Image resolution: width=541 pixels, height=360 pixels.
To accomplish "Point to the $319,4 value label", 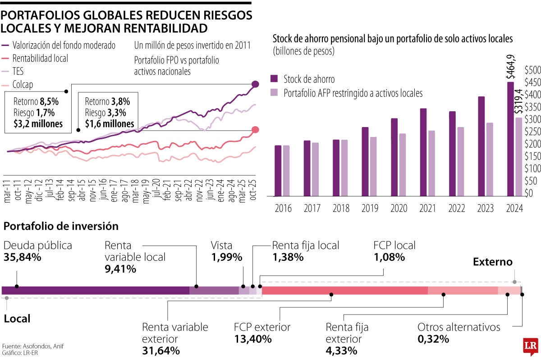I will pyautogui.click(x=519, y=102).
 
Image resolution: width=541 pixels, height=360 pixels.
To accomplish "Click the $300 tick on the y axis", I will pyautogui.click(x=532, y=119).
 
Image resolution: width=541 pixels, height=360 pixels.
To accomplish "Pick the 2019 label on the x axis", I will pyautogui.click(x=370, y=209).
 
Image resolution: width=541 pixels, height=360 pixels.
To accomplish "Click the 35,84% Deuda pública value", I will pyautogui.click(x=23, y=257).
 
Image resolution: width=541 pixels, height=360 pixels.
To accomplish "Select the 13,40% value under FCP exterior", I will pyautogui.click(x=252, y=339).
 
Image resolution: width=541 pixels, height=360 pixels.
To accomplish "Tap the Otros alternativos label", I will pyautogui.click(x=458, y=327).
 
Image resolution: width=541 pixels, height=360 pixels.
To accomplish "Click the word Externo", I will pyautogui.click(x=492, y=262).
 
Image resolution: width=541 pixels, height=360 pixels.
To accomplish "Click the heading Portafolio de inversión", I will pyautogui.click(x=61, y=226).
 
